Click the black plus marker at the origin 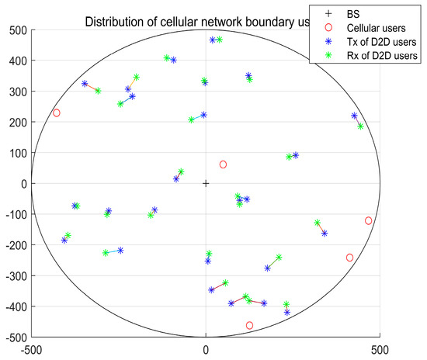(x=206, y=184)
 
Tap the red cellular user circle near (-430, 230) (x=57, y=113)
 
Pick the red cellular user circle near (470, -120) (x=368, y=220)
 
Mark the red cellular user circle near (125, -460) (x=249, y=325)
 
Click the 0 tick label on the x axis (x=206, y=349)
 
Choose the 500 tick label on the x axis (x=379, y=349)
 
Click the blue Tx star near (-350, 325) (x=85, y=84)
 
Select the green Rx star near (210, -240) (x=279, y=258)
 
